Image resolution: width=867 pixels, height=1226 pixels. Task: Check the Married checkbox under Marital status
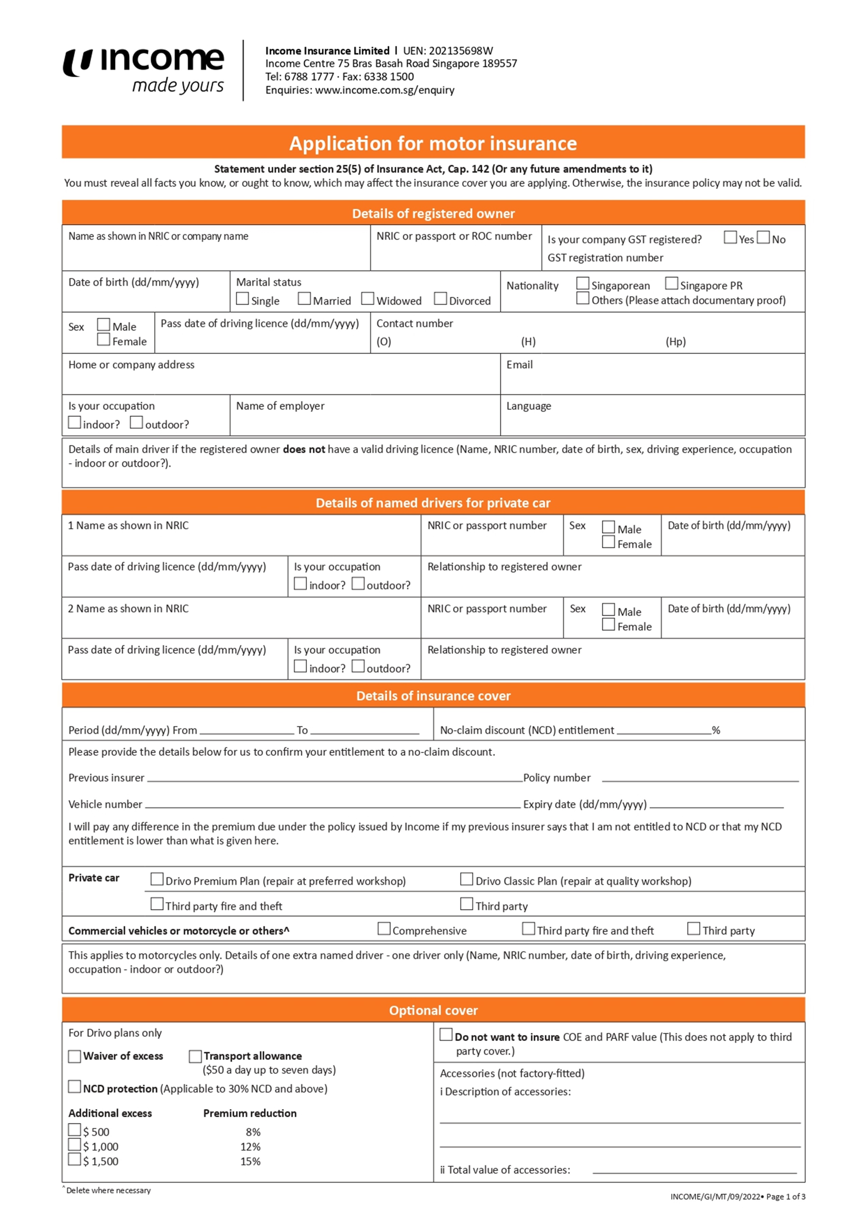click(304, 299)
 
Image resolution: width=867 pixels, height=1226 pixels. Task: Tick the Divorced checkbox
click(440, 299)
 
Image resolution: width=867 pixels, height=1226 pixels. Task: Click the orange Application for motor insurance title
click(433, 143)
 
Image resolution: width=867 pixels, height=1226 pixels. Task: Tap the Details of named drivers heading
click(433, 503)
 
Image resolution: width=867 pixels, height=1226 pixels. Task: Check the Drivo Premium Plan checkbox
click(157, 879)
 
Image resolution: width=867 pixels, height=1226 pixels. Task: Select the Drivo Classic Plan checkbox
click(466, 879)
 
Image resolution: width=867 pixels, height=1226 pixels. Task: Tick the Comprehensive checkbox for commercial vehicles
click(384, 929)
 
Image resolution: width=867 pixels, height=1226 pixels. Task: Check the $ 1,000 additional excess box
click(75, 1144)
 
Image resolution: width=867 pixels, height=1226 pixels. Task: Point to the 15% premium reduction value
click(250, 1161)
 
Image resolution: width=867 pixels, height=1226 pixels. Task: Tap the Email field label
click(520, 365)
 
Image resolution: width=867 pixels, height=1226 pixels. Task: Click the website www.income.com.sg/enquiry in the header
click(385, 90)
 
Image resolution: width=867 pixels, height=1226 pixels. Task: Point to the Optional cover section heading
click(433, 1010)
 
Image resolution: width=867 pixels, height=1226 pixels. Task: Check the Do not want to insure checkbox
click(446, 1035)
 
